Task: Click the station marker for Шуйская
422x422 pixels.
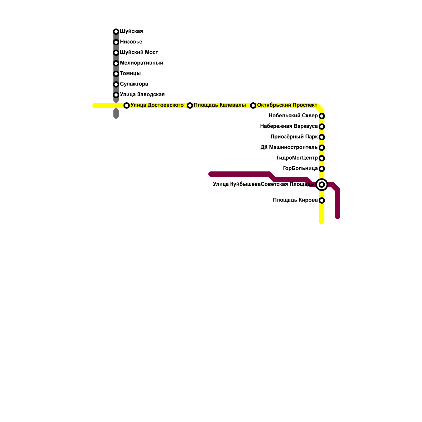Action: pos(116,32)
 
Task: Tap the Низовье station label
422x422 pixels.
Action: pos(131,42)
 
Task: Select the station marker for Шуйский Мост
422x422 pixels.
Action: pos(116,53)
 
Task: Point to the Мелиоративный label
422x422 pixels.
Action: pos(141,63)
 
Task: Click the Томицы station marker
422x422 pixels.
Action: pos(116,74)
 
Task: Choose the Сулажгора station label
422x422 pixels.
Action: pos(134,84)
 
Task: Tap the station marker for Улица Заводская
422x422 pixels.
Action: pos(116,95)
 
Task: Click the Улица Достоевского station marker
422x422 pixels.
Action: pos(127,105)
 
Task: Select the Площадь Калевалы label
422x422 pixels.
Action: pos(220,105)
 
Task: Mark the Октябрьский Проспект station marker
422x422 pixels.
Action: pos(253,105)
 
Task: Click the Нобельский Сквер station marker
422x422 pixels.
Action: pos(322,116)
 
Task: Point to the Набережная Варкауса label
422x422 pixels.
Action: pos(289,126)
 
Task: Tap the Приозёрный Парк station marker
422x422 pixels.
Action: pos(322,137)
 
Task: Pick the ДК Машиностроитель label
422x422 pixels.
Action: pos(289,147)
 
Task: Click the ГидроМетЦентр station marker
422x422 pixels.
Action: pos(322,158)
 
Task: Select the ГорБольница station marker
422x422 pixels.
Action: pos(322,169)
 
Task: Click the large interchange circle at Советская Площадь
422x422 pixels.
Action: pos(322,185)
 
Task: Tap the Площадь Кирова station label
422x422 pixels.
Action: pos(295,200)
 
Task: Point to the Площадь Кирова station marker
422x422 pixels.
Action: pos(322,200)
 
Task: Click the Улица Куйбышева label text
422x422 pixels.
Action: pos(237,184)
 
